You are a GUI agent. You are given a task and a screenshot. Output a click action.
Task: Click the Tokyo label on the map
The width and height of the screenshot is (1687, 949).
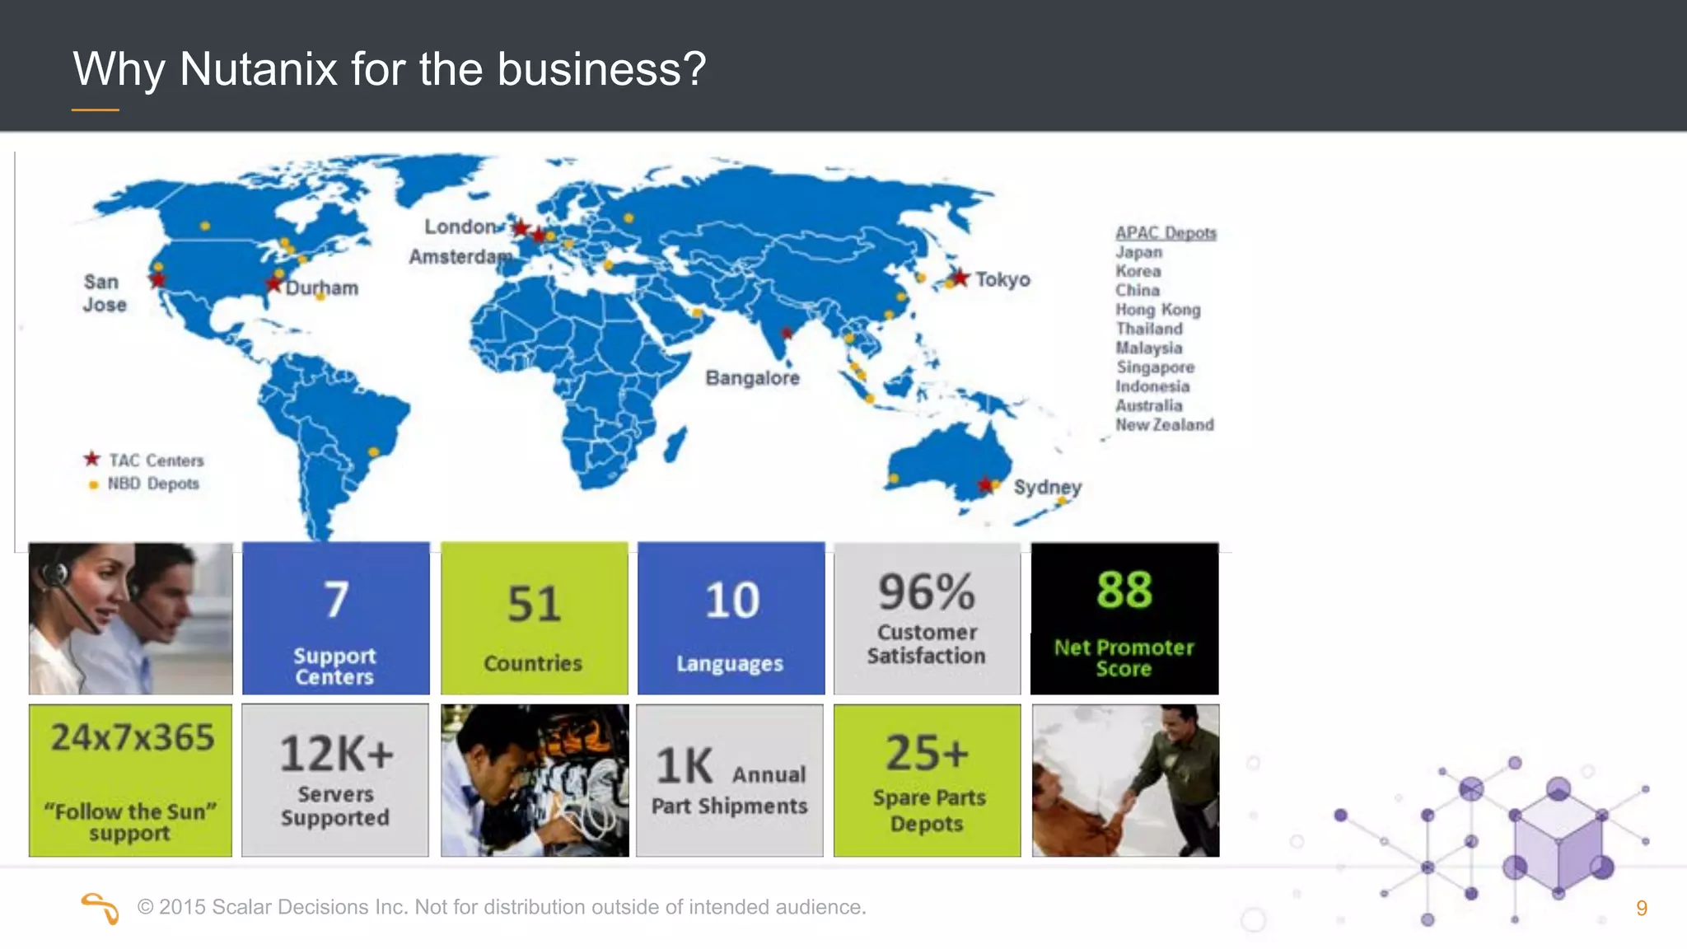click(x=1002, y=280)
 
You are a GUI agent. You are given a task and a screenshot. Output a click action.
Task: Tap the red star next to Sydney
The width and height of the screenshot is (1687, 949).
click(x=984, y=484)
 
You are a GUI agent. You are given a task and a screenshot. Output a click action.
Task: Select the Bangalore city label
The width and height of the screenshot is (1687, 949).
click(x=752, y=378)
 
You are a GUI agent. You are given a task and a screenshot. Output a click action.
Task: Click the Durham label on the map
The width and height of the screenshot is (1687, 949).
click(x=322, y=288)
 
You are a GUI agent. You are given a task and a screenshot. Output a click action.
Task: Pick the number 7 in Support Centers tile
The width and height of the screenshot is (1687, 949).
click(x=335, y=600)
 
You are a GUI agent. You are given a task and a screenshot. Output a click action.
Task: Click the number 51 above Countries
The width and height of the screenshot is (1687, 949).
click(x=534, y=604)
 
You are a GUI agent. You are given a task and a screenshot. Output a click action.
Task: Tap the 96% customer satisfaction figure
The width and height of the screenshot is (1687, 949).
click(x=926, y=592)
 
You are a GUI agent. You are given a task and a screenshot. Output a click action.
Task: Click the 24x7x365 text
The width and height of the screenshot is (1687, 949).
click(x=132, y=737)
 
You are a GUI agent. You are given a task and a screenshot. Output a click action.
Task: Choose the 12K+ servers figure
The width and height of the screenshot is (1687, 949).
click(x=336, y=754)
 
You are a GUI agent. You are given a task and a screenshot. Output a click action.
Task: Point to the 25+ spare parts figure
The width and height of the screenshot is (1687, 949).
click(x=927, y=753)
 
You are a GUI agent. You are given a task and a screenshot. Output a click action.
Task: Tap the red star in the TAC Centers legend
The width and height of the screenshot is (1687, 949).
click(x=91, y=459)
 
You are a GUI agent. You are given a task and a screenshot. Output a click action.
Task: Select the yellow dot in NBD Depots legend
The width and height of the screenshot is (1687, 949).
click(x=93, y=484)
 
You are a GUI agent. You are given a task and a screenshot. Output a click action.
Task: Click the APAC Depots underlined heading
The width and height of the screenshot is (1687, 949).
click(x=1166, y=233)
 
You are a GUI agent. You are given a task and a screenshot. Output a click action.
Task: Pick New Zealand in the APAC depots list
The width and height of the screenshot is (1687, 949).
click(x=1164, y=425)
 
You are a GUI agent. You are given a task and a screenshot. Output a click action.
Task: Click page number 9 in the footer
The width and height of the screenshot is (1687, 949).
click(x=1641, y=908)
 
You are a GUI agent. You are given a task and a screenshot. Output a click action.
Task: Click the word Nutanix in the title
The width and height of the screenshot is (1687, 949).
click(x=258, y=68)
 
